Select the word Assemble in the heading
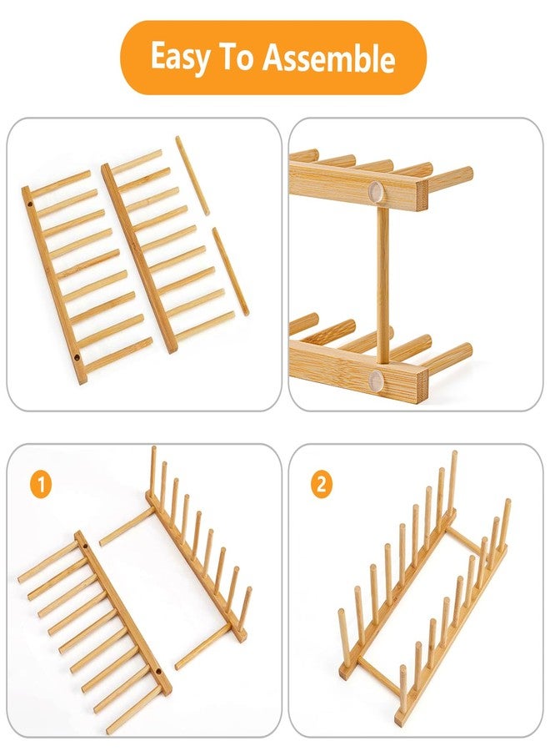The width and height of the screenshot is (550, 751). tap(328, 57)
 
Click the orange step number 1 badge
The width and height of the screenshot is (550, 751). tap(41, 484)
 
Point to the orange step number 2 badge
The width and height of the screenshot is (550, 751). tap(322, 484)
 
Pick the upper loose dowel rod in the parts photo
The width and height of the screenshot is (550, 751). tap(192, 176)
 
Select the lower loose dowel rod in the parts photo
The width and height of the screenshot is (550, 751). tap(231, 271)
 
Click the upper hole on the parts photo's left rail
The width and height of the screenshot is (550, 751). tap(30, 204)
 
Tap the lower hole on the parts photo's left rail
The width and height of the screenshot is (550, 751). tap(77, 357)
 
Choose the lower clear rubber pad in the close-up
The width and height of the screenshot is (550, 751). tap(377, 378)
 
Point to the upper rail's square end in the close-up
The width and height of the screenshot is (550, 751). tap(422, 195)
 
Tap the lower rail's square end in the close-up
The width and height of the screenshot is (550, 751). tap(422, 386)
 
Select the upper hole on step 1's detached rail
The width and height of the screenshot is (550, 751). tap(86, 545)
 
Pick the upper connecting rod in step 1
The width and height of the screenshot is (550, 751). tap(127, 527)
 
